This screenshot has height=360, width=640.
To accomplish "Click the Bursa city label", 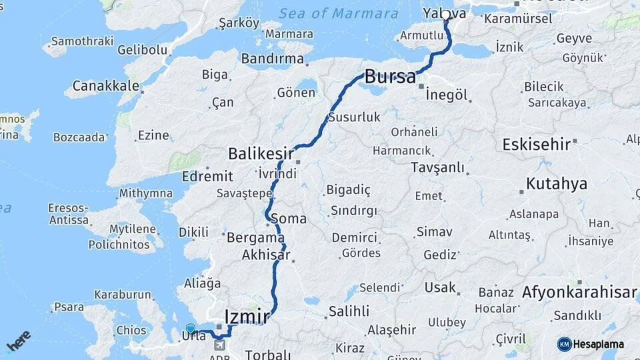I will point(390,76).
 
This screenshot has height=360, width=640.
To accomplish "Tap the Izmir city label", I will point(247,316).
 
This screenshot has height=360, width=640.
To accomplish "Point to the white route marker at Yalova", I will point(445,15).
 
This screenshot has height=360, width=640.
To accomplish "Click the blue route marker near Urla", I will point(191,329).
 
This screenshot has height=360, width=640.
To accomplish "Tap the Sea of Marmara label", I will point(339,13).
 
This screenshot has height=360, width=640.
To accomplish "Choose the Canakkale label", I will point(106,86).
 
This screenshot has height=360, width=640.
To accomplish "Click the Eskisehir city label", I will point(537,144).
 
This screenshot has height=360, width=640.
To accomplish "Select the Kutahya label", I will point(556,184).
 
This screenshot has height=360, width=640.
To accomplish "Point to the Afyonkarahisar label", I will point(579,292).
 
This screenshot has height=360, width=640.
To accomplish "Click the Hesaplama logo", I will point(591,344).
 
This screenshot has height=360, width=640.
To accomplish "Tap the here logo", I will point(18,341).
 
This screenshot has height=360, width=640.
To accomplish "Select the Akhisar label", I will point(266,255).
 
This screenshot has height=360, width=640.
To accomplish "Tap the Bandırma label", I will point(272,59).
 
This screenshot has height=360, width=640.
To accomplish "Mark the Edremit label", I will point(207,177).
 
